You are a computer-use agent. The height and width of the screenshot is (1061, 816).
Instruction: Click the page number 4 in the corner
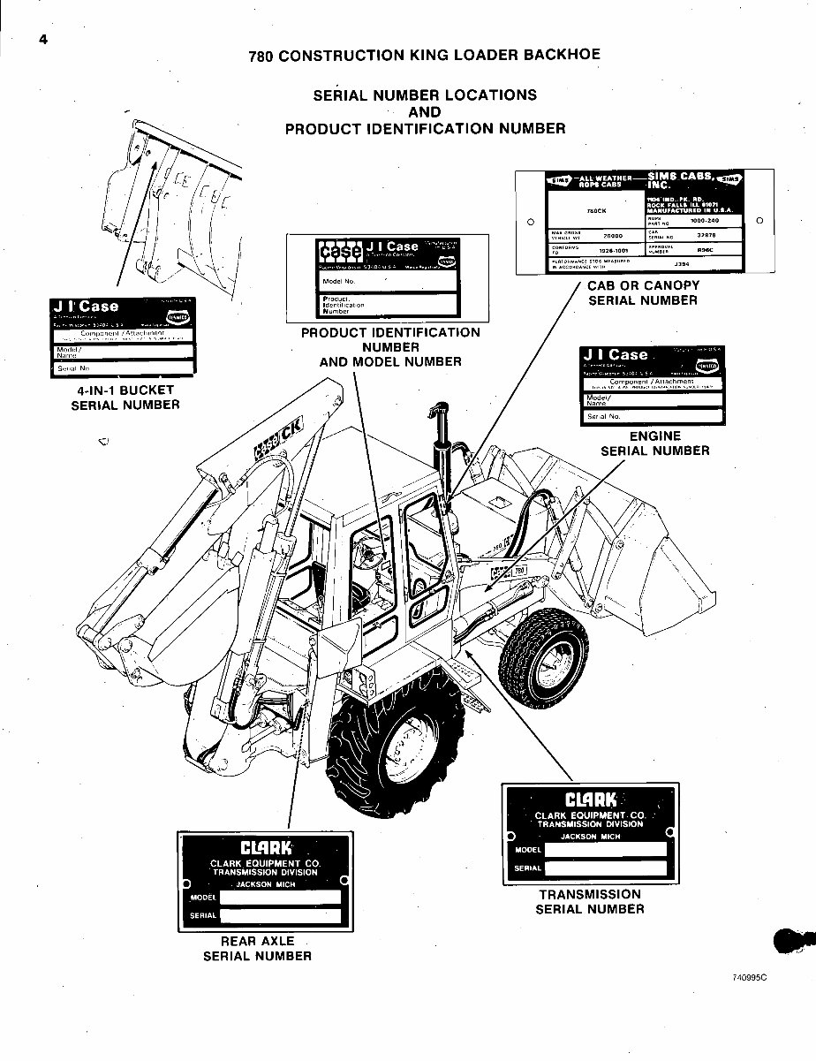point(42,39)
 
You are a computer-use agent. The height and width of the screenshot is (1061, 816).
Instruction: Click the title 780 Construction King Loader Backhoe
point(424,55)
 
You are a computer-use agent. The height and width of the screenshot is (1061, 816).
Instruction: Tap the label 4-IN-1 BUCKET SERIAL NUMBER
point(125,398)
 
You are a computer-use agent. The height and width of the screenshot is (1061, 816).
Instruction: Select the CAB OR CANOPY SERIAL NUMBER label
point(643,292)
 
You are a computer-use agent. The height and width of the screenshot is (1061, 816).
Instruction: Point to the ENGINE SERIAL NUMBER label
point(654,443)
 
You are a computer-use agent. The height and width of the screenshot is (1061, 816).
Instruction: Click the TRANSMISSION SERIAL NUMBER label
point(589,901)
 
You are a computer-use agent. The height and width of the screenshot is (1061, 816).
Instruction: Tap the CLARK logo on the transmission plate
point(588,800)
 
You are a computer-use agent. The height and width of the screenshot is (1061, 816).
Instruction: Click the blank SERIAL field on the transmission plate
point(605,868)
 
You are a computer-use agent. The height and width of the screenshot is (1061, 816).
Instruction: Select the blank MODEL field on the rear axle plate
point(280,897)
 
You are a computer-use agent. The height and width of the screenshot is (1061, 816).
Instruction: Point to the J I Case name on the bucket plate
point(87,307)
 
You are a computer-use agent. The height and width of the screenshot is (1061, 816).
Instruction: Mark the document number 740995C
point(750,978)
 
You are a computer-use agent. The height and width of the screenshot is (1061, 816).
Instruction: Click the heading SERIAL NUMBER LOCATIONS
point(425,95)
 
